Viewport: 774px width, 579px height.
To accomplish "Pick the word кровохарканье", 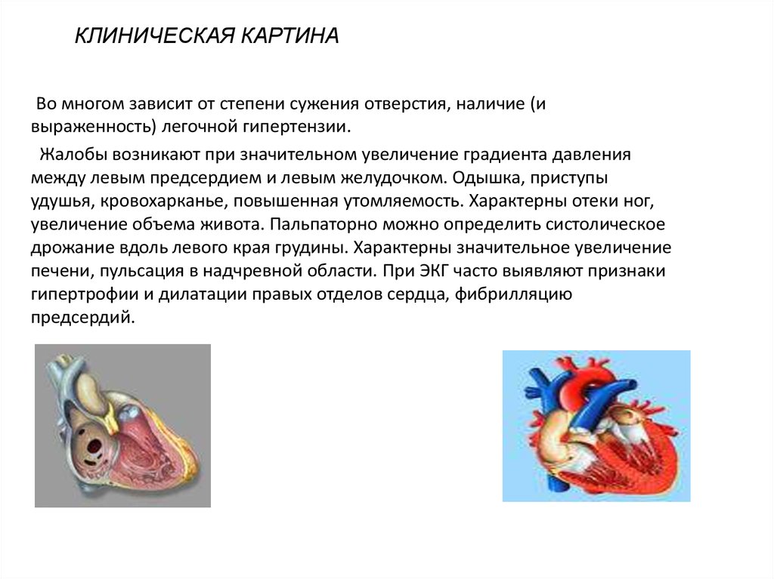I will [x=163, y=202].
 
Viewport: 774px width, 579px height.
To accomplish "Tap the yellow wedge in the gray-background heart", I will [x=115, y=414].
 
